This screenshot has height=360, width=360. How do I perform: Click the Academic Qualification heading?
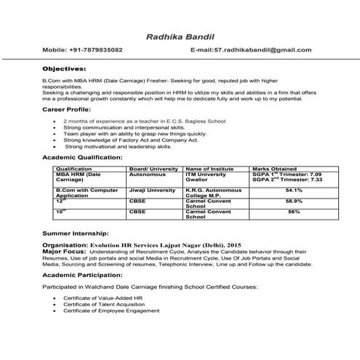tap(82, 156)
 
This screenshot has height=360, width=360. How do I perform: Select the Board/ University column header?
tap(153, 168)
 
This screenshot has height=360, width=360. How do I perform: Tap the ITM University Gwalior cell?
tap(207, 177)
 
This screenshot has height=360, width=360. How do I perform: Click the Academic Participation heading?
tap(81, 277)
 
